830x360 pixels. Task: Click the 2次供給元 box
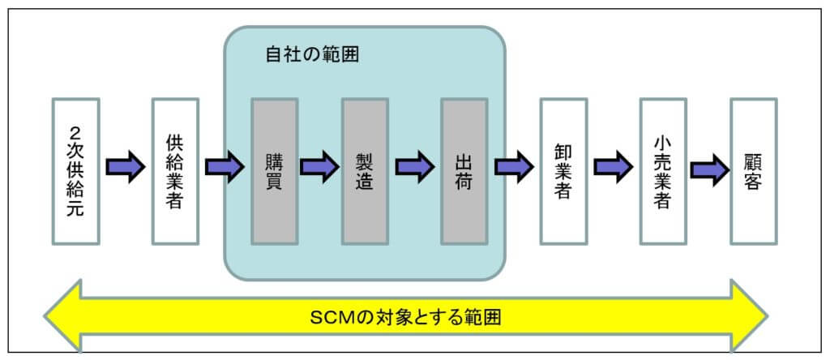pyautogui.click(x=75, y=171)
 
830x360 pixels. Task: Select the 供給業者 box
pyautogui.click(x=175, y=171)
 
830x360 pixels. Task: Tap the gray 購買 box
pyautogui.click(x=274, y=171)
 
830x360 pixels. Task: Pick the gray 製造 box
pyautogui.click(x=365, y=171)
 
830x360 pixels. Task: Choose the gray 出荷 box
pyautogui.click(x=464, y=171)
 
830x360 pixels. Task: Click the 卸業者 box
pyautogui.click(x=564, y=171)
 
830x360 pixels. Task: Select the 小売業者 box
pyautogui.click(x=663, y=171)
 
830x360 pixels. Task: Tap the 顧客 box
pyautogui.click(x=754, y=171)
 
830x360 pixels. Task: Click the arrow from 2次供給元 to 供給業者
pyautogui.click(x=126, y=167)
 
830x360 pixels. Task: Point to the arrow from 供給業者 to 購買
pyautogui.click(x=225, y=167)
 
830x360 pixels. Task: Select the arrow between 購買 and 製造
pyautogui.click(x=319, y=167)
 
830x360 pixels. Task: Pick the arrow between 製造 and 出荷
pyautogui.click(x=414, y=167)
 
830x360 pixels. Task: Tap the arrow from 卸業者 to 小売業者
pyautogui.click(x=614, y=167)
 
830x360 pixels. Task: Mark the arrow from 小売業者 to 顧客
pyautogui.click(x=710, y=167)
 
